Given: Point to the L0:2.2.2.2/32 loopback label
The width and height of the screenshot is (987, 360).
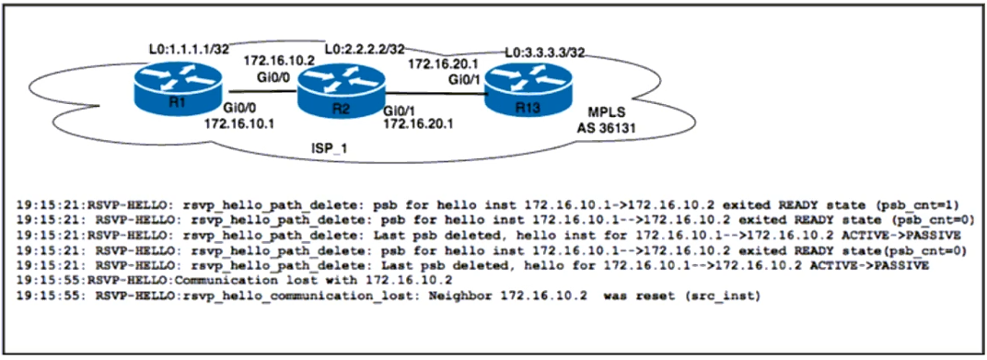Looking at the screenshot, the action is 365,49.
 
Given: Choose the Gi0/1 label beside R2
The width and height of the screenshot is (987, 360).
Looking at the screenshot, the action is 401,110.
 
